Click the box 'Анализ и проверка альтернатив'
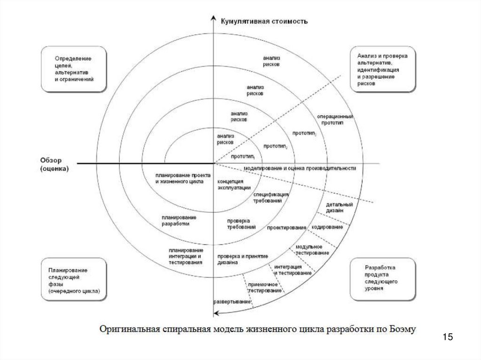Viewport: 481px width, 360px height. pos(382,69)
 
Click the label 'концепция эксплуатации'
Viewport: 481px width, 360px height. pos(230,184)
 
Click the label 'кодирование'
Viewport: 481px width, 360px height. pos(327,227)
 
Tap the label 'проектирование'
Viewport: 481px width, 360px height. pos(287,228)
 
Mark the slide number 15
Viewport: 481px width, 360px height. pos(447,337)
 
